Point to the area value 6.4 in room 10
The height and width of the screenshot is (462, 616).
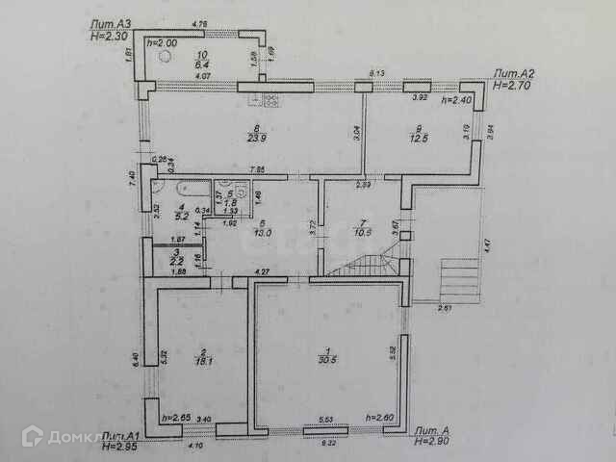202,64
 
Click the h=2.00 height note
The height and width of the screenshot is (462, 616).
162,42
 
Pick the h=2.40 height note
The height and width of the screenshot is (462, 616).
455,99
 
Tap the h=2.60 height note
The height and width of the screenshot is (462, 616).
381,417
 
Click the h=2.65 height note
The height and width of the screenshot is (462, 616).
177,417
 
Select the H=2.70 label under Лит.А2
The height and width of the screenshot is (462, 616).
510,85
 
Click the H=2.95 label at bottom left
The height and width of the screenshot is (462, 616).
123,446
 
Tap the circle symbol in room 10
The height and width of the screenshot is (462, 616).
165,57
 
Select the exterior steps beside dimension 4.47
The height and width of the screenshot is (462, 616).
458,278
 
